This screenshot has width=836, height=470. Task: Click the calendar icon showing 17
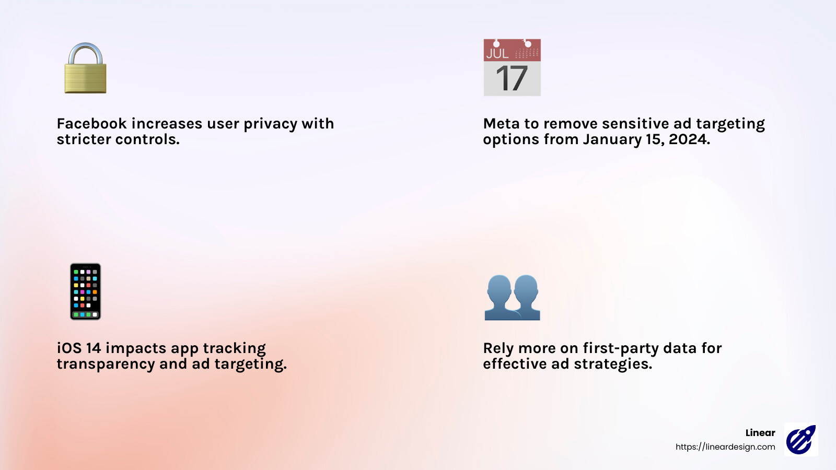(512, 67)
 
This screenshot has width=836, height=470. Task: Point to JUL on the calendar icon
(497, 53)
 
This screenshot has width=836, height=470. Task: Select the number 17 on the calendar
(512, 79)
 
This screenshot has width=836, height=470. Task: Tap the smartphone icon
(85, 291)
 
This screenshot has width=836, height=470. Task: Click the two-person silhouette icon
(512, 297)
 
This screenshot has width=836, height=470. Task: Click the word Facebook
(91, 124)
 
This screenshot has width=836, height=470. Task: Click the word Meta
(501, 124)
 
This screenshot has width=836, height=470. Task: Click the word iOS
(69, 348)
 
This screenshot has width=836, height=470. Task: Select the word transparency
(106, 365)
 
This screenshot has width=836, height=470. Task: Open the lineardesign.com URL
(725, 447)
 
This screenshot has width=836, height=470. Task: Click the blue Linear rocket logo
(801, 440)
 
